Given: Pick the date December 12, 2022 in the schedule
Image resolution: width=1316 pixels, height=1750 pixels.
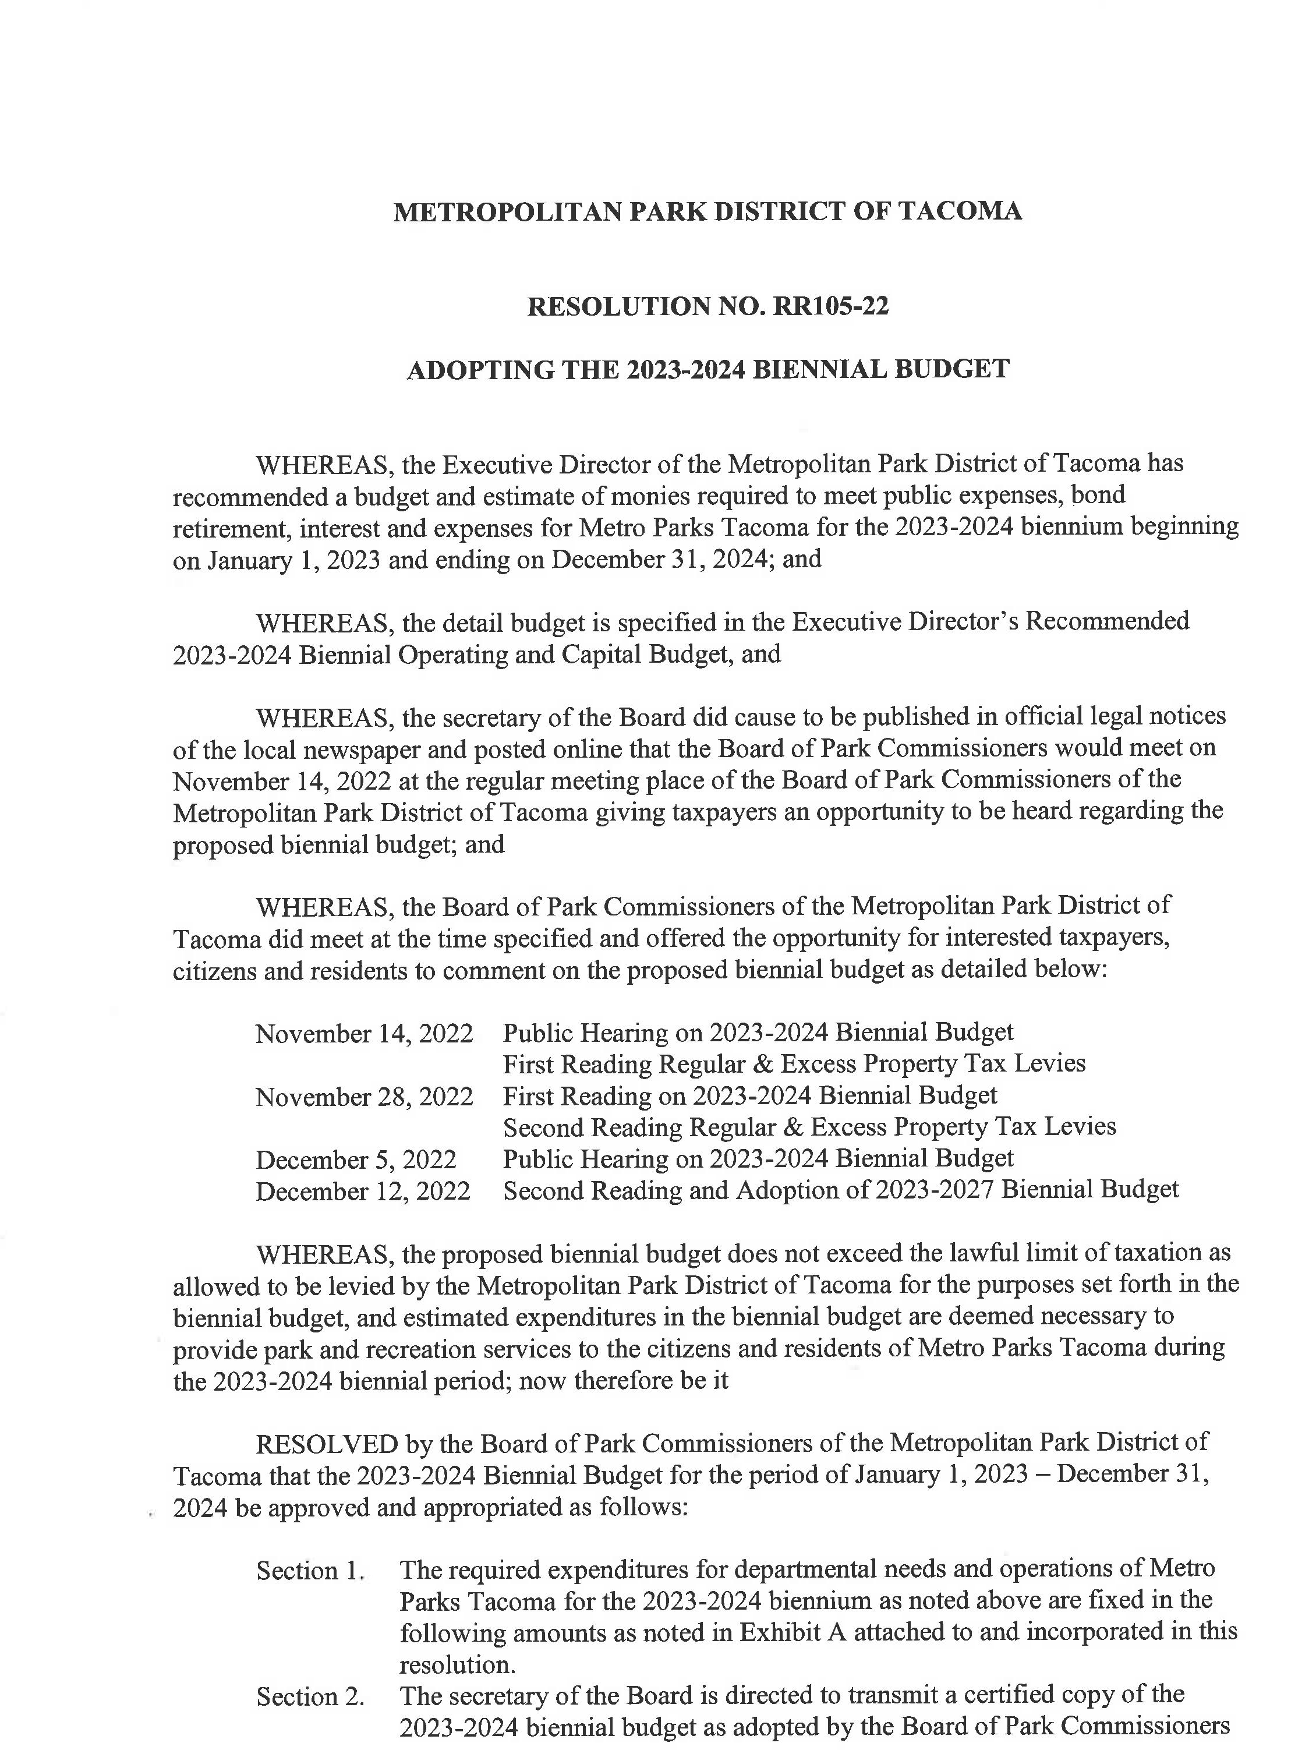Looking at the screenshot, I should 363,1192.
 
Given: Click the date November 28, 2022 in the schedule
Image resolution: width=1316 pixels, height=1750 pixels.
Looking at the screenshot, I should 364,1097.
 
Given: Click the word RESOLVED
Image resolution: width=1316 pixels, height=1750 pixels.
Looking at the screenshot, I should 327,1444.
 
